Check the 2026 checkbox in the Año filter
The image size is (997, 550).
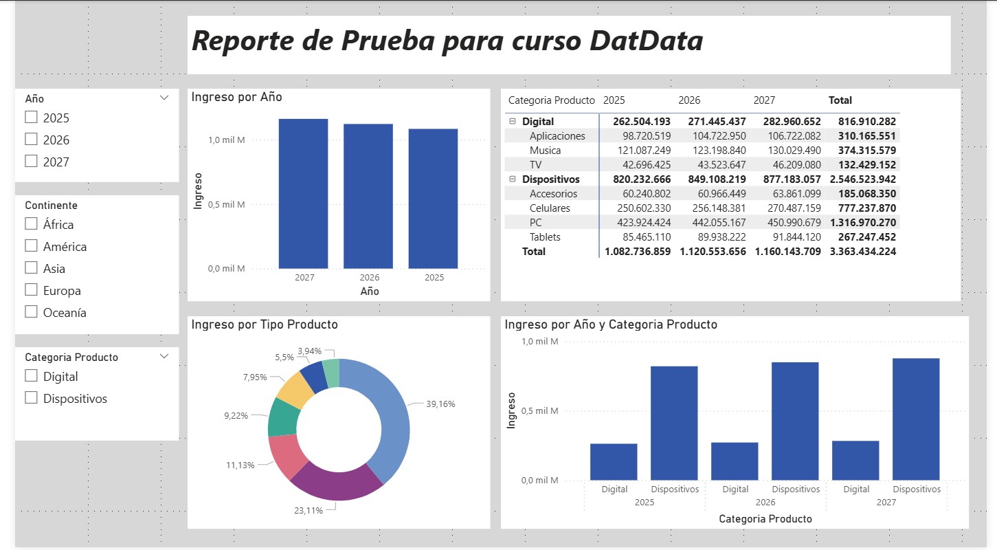tap(31, 140)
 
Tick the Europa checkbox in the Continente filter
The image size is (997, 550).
tap(31, 290)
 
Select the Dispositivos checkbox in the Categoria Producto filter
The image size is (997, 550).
tap(31, 398)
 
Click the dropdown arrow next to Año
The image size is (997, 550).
tap(164, 98)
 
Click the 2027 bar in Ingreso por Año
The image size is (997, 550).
tap(303, 193)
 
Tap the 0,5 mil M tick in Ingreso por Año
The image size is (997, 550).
tap(226, 204)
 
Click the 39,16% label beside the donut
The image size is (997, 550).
tap(440, 404)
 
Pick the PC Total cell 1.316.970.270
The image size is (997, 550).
tap(863, 223)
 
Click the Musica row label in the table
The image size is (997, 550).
tap(545, 151)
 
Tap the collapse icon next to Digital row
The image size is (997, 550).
tap(512, 122)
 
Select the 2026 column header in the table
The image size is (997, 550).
tap(689, 100)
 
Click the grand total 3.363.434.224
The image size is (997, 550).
tap(863, 252)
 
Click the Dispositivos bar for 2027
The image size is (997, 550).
tap(916, 419)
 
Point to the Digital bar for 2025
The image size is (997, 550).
tap(614, 461)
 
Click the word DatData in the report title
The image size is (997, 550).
tap(647, 41)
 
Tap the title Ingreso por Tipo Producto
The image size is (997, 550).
tap(265, 324)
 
